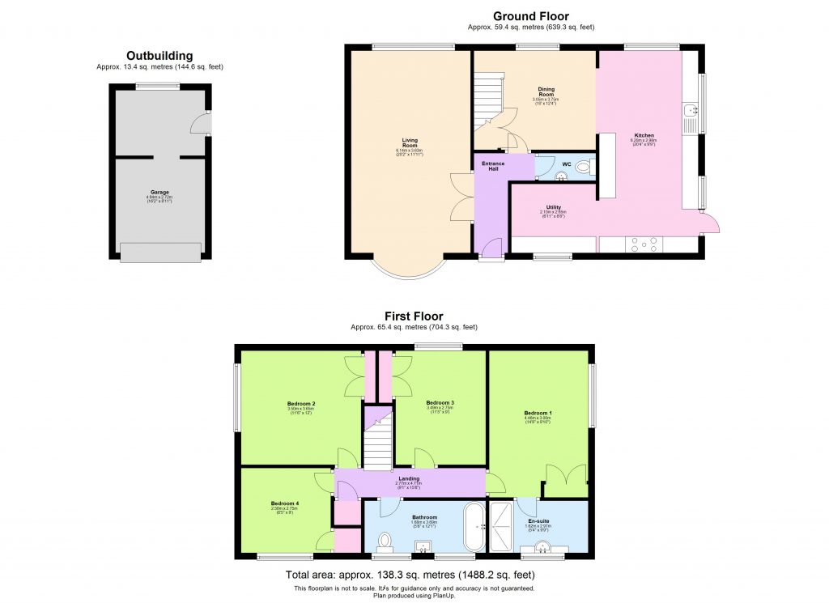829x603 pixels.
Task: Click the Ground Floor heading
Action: tap(531, 16)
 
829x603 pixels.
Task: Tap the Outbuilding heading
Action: tap(159, 56)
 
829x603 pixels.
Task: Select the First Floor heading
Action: tap(414, 316)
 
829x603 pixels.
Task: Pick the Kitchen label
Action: tap(644, 135)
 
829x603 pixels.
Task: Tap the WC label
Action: tap(567, 164)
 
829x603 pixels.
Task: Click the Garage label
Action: tap(159, 192)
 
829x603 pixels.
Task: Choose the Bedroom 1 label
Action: tap(538, 413)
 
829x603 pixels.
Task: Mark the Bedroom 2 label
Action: tap(300, 403)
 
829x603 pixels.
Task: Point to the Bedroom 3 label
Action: tap(440, 402)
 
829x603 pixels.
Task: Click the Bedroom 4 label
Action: tap(285, 503)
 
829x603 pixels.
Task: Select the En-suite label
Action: tap(538, 520)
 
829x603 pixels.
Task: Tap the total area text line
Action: tap(414, 575)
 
